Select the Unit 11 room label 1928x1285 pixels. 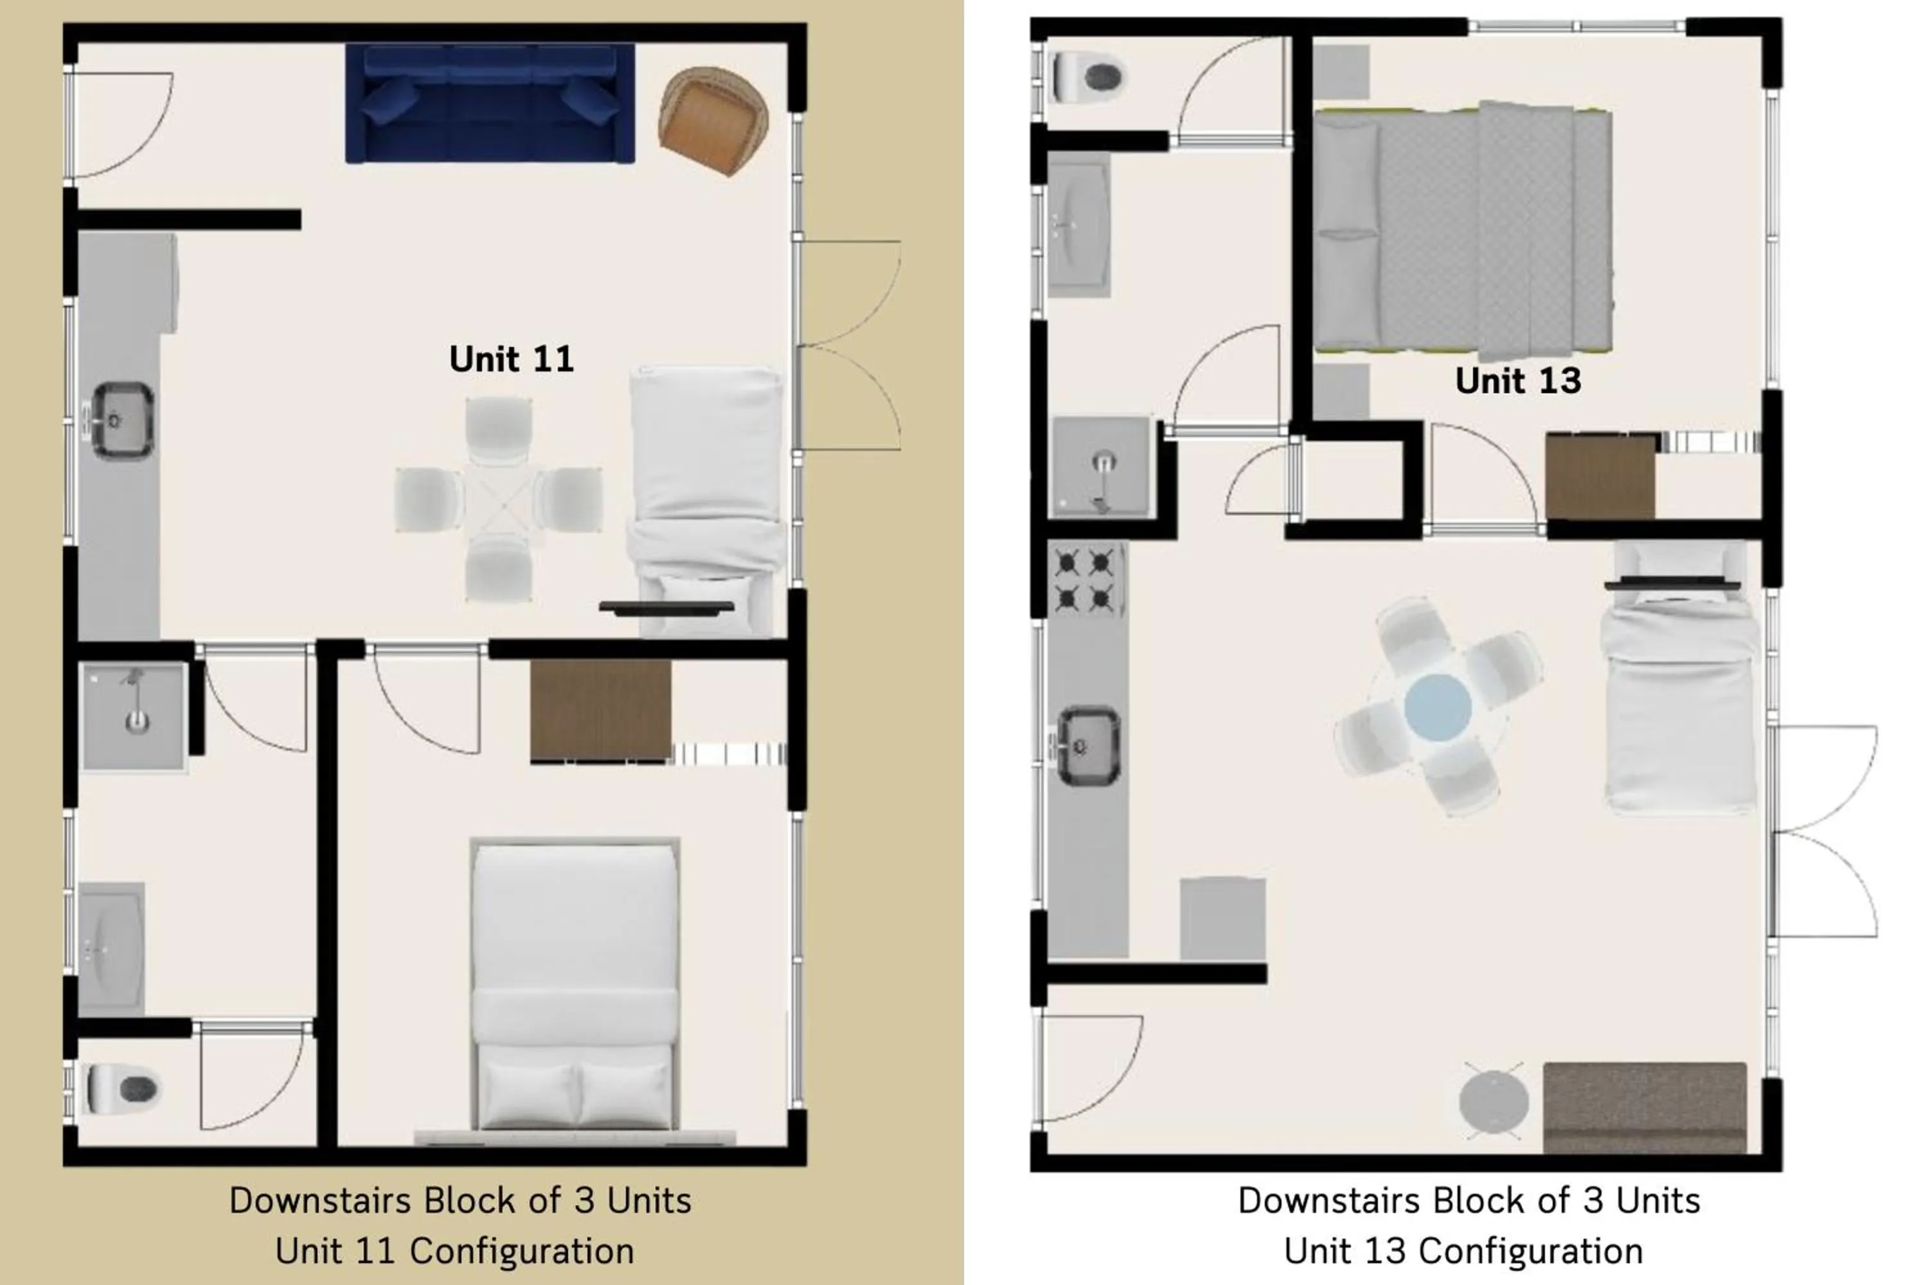tap(511, 359)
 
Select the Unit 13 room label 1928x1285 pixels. tap(1517, 381)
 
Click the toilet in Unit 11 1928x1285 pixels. tap(123, 1088)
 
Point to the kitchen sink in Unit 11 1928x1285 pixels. tap(122, 420)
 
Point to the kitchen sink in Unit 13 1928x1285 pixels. tap(1088, 746)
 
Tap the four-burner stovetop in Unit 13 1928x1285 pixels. tap(1084, 581)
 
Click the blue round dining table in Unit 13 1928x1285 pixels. tap(1437, 706)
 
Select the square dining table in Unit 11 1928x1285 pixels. tap(499, 499)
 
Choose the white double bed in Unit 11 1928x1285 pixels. tap(575, 984)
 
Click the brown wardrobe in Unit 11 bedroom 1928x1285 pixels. tap(600, 711)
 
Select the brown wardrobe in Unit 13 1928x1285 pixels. tap(1600, 477)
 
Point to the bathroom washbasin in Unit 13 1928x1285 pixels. tap(1079, 224)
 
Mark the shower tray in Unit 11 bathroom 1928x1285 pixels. tap(135, 716)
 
